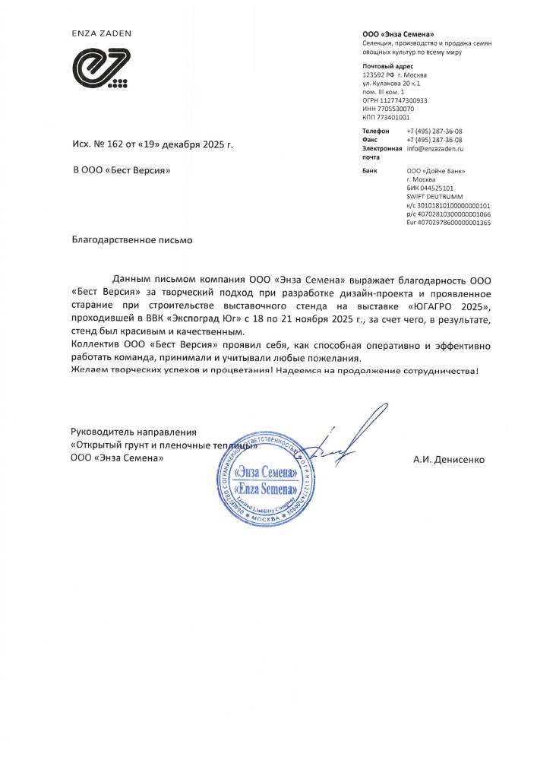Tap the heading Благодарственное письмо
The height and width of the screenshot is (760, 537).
pyautogui.click(x=132, y=239)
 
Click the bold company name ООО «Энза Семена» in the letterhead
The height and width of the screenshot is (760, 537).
pyautogui.click(x=399, y=35)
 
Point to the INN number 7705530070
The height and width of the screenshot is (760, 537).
pyautogui.click(x=388, y=109)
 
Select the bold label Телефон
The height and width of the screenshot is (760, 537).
pyautogui.click(x=377, y=131)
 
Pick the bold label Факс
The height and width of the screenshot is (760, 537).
pyautogui.click(x=371, y=140)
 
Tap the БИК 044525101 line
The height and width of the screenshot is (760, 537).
pyautogui.click(x=431, y=188)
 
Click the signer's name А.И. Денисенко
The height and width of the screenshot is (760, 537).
pyautogui.click(x=448, y=459)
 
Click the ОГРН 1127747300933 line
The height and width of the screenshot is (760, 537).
pyautogui.click(x=395, y=100)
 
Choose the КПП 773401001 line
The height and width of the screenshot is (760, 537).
pyautogui.click(x=387, y=118)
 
